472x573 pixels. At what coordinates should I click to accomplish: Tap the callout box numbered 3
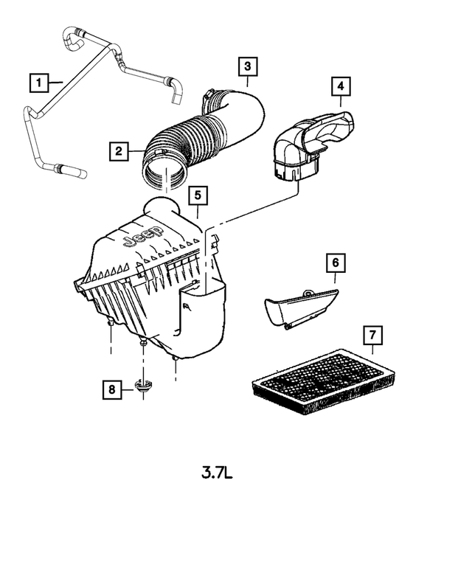tap(247, 67)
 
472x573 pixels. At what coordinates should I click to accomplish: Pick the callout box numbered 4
tap(340, 87)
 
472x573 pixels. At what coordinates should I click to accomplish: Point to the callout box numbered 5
tap(197, 195)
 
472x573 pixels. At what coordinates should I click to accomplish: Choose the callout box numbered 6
tap(334, 262)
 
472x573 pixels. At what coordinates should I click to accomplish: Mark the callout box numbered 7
tap(374, 336)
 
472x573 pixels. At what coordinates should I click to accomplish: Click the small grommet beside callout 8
tap(143, 385)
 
